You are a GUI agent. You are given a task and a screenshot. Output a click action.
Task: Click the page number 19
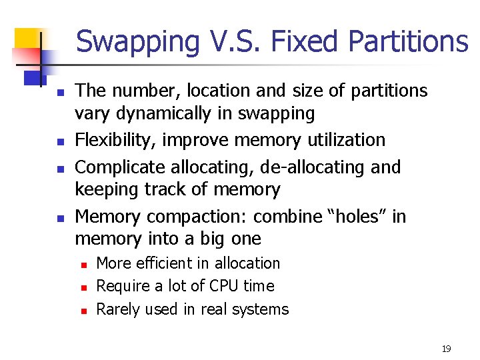[446, 349]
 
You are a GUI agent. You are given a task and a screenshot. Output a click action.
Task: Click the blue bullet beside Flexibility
[59, 142]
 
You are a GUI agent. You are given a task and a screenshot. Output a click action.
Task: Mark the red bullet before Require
[84, 287]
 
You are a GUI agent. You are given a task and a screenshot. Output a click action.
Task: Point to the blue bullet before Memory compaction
[59, 218]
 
